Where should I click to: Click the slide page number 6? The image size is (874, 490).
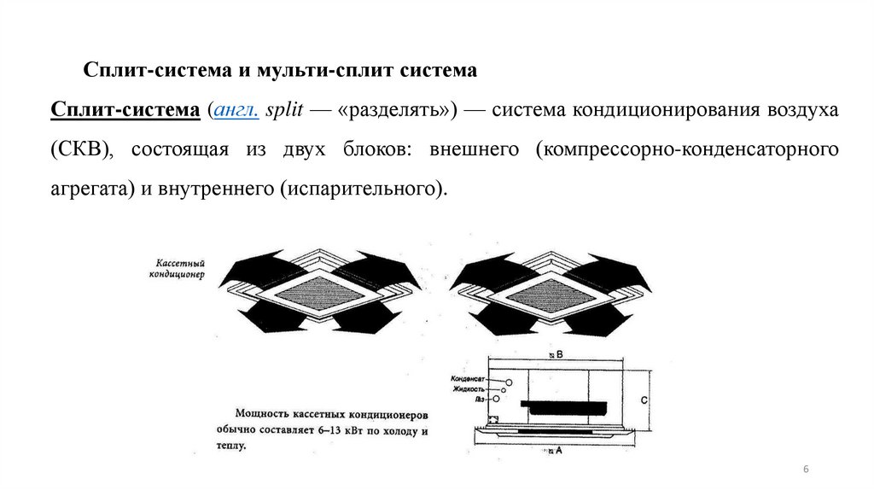(x=806, y=471)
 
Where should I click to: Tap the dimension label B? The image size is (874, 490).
(x=558, y=353)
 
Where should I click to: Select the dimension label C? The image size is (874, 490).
(x=644, y=399)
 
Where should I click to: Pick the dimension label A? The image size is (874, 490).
(x=557, y=450)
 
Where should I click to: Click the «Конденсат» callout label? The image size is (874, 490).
(x=469, y=377)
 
